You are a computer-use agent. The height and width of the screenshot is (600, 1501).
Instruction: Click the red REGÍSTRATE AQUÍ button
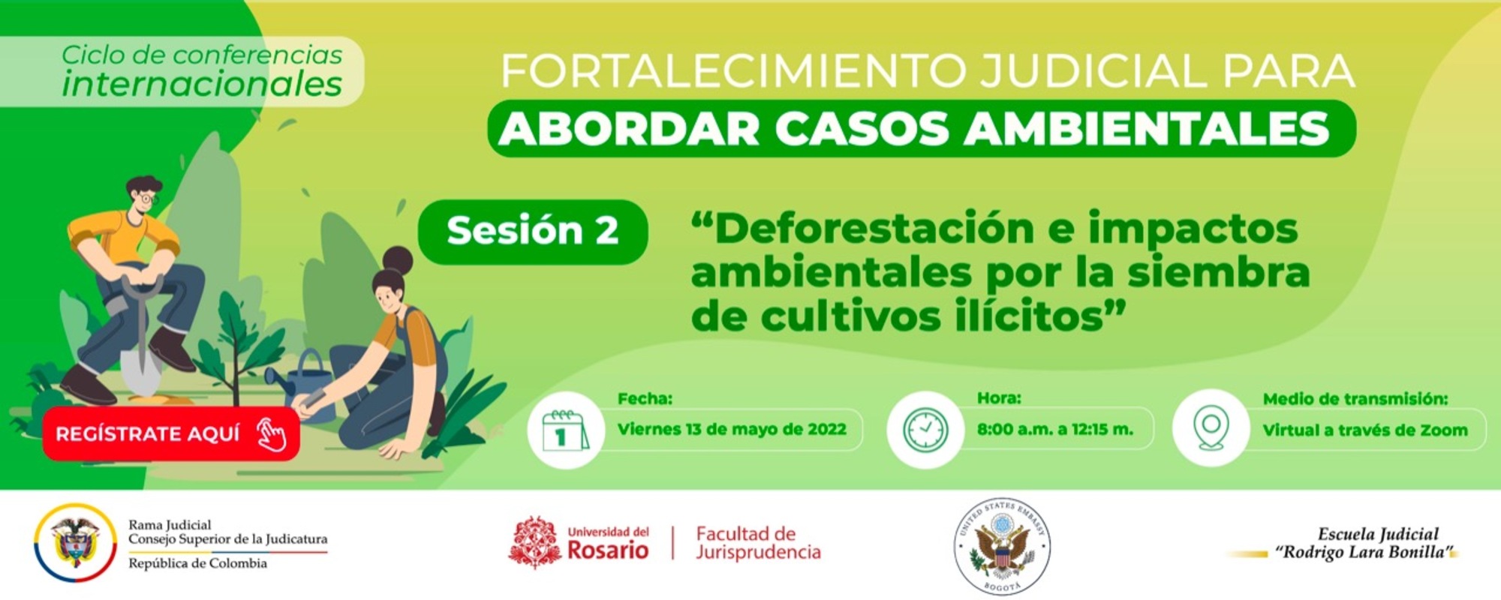[171, 433]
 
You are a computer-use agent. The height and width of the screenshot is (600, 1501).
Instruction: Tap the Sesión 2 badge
[533, 231]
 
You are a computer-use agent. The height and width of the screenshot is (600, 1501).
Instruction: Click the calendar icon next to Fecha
[565, 430]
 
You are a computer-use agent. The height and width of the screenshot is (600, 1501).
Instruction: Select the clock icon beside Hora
[925, 430]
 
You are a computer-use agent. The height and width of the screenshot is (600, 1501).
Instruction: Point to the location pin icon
[1210, 428]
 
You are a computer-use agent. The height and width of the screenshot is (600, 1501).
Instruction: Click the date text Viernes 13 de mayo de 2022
[732, 430]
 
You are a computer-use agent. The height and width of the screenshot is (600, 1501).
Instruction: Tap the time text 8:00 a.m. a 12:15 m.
[1054, 430]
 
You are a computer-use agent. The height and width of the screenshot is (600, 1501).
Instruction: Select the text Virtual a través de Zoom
[1364, 430]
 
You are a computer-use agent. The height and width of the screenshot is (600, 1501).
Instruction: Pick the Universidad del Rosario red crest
[534, 542]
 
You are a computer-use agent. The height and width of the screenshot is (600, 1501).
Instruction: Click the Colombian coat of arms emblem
[75, 542]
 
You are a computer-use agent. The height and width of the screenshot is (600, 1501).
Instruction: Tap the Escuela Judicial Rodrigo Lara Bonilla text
[1366, 544]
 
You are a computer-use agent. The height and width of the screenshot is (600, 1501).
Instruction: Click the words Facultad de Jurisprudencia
[758, 543]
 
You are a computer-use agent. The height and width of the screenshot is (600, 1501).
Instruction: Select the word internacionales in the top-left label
[202, 84]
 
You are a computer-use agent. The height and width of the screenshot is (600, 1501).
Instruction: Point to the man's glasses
[146, 198]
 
